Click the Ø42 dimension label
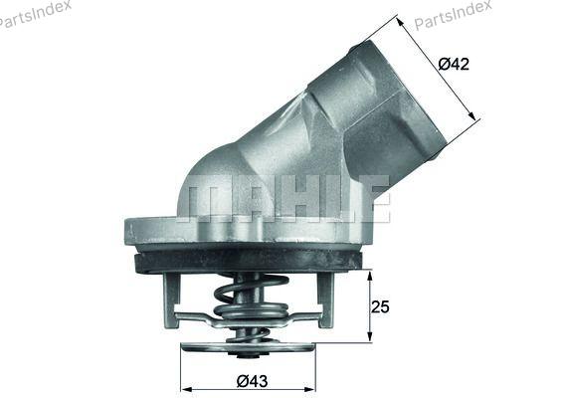click(454, 65)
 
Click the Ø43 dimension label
click(252, 381)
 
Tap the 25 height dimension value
click(380, 307)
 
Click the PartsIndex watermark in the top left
click(34, 14)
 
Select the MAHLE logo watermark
click(287, 199)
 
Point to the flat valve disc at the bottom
click(248, 347)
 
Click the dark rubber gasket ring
click(248, 263)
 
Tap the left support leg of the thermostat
click(171, 300)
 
